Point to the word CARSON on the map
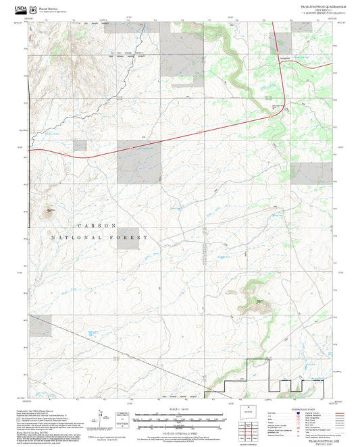(97, 226)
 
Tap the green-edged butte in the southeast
(259, 297)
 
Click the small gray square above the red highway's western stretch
(80, 145)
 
